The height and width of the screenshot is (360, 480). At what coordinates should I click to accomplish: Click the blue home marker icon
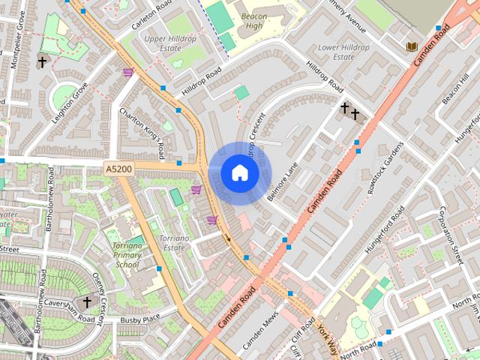(239, 173)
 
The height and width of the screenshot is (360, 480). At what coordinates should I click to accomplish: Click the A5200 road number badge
(118, 169)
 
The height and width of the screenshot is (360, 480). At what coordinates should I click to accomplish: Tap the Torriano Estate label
(172, 242)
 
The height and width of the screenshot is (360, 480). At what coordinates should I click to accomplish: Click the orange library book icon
(411, 46)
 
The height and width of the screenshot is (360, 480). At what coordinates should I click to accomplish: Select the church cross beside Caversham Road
(87, 302)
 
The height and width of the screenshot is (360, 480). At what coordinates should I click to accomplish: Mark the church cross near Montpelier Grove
(42, 62)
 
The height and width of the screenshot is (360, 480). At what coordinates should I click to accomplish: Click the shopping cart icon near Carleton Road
(127, 73)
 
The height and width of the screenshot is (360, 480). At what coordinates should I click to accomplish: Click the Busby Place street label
(140, 320)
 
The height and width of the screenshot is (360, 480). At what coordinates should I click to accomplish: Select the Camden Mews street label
(260, 331)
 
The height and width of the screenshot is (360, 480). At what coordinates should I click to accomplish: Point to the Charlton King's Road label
(142, 133)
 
